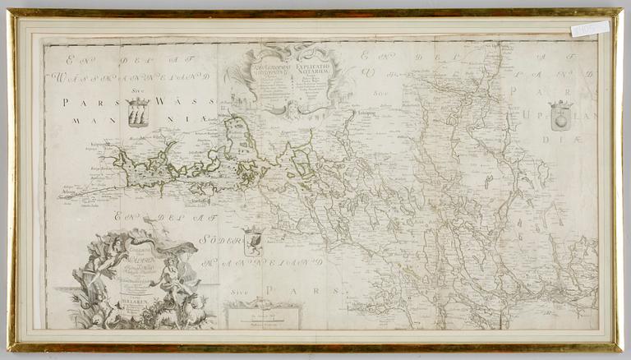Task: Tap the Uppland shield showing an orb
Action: (560, 118)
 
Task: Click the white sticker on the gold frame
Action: (590, 30)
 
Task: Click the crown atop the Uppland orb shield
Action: (560, 105)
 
